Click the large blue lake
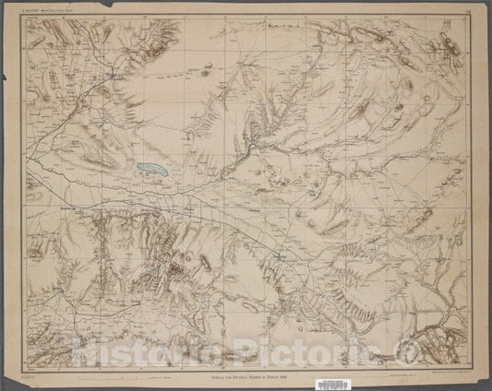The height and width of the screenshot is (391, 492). pos(150,168)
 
